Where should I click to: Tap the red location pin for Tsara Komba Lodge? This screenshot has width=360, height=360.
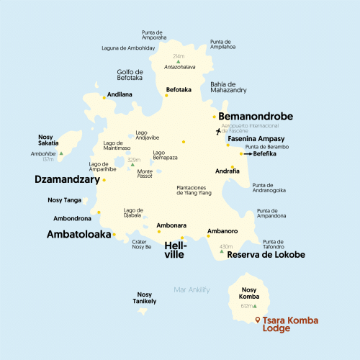258,320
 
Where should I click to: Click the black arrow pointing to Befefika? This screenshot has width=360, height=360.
248,153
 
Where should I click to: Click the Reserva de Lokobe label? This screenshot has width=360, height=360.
266,255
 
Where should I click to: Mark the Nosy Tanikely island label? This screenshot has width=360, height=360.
145,297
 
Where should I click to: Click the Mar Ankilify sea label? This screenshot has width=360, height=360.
192,289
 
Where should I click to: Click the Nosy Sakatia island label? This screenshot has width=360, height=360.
48,139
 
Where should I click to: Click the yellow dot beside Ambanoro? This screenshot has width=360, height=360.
208,238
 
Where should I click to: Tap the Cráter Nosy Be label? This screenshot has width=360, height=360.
142,244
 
